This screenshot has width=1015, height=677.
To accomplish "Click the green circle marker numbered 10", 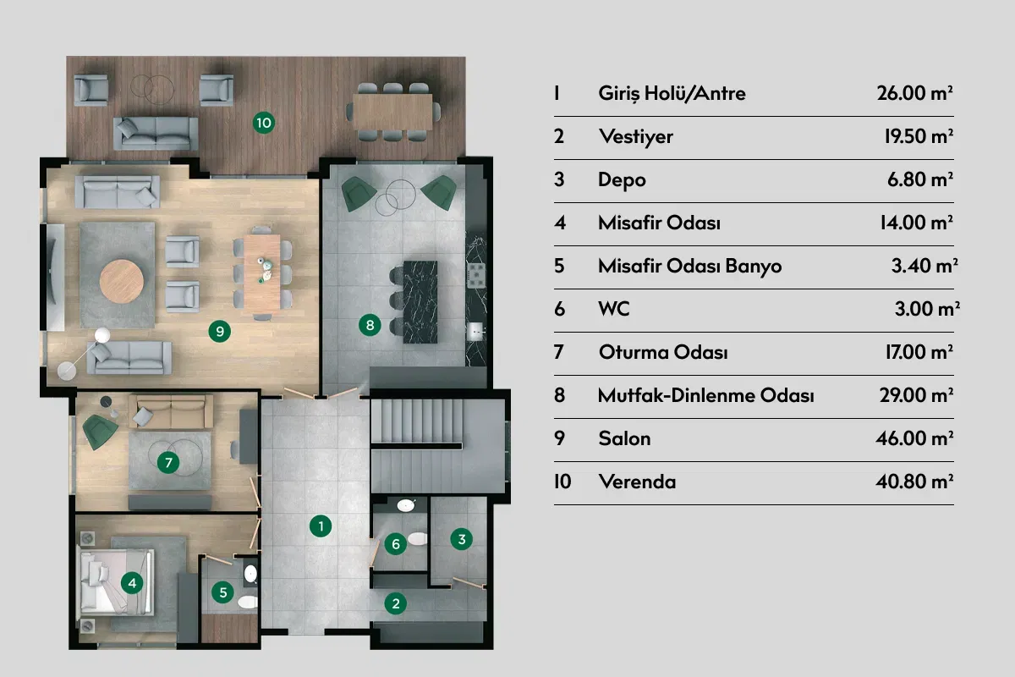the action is coord(264,123).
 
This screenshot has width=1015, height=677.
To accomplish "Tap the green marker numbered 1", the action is coord(321,526).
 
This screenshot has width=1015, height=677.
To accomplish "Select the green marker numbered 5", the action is coord(223,592).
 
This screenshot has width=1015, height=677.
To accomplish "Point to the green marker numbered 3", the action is coord(462,539).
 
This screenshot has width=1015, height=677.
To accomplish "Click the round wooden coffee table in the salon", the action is coord(122,281).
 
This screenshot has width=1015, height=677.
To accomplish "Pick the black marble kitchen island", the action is coord(420,301).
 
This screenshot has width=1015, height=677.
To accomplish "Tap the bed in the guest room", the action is coord(117,582).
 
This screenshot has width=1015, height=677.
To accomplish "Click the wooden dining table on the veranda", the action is coord(392,112).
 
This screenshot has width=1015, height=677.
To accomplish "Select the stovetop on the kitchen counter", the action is coord(477,275).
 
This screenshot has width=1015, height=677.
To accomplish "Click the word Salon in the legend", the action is coord(624,438).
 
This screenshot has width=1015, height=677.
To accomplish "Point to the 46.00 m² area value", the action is coord(914,438).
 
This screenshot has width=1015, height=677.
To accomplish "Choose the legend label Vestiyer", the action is coord(636,136).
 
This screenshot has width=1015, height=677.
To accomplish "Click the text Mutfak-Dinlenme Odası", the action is coord(706,395).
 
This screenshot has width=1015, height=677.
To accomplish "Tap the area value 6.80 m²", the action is coord(920,179).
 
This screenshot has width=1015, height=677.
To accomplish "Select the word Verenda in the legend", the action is coord(637,482).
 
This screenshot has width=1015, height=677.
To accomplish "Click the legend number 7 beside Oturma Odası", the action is coord(559,352).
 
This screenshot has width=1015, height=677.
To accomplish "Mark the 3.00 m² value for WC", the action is coord(927,309).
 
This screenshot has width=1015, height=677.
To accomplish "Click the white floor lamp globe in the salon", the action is coord(102,335).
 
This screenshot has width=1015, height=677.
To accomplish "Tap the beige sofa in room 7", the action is coord(171,411).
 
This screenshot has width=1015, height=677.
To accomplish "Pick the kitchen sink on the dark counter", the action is coord(475,331).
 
